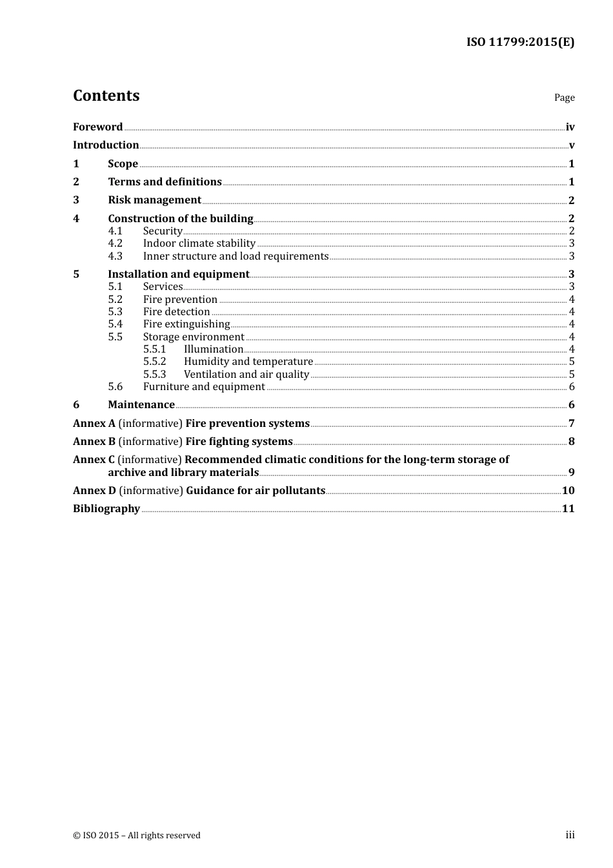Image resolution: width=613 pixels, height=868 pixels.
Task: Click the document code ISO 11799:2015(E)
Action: click(x=520, y=43)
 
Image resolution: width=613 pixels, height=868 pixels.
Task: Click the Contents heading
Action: click(x=106, y=96)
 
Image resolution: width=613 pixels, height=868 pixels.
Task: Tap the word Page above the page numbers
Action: click(x=564, y=98)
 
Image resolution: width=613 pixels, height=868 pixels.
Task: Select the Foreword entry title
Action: click(x=97, y=127)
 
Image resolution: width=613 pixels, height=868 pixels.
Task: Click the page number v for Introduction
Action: click(x=571, y=145)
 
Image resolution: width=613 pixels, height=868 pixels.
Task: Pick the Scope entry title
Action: click(x=123, y=164)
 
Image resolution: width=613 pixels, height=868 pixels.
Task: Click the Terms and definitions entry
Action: click(x=165, y=182)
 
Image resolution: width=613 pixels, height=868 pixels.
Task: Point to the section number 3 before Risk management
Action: click(x=76, y=200)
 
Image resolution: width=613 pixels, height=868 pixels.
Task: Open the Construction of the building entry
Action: click(x=180, y=219)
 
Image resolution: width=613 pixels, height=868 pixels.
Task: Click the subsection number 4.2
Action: click(x=115, y=243)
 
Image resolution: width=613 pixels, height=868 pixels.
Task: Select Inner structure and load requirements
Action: click(x=236, y=256)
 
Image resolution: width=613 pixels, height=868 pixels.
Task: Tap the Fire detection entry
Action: click(x=176, y=312)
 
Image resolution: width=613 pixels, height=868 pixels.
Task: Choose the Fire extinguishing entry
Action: click(x=186, y=324)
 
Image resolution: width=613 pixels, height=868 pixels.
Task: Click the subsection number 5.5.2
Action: click(x=154, y=362)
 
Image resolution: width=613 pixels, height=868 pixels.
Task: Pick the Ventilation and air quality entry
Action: click(x=246, y=375)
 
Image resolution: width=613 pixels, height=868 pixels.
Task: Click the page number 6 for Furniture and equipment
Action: click(x=571, y=387)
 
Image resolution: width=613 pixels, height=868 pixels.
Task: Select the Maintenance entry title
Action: click(x=141, y=405)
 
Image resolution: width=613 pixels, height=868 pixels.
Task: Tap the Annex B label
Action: click(x=94, y=442)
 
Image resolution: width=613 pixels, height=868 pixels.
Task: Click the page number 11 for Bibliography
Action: click(x=568, y=509)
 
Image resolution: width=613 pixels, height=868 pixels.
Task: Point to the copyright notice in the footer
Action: click(x=137, y=836)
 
